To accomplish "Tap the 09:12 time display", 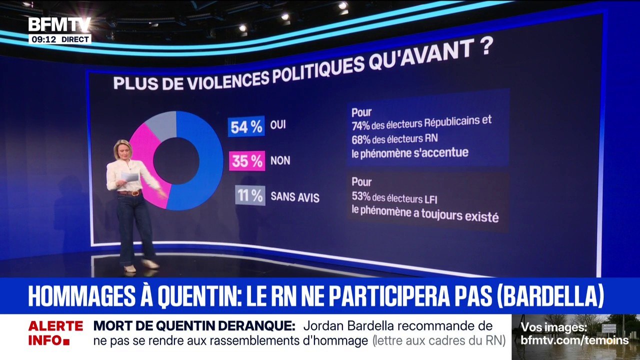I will (x=43, y=39).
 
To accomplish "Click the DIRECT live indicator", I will (x=75, y=39).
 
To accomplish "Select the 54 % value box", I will (x=246, y=127).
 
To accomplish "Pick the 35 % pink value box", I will (x=246, y=161).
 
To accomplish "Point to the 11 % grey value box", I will (x=250, y=195).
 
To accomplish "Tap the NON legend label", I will (x=280, y=161).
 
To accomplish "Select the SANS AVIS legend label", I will (x=294, y=197).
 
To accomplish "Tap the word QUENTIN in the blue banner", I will (x=197, y=296).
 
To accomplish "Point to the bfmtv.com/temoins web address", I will (x=574, y=340).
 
